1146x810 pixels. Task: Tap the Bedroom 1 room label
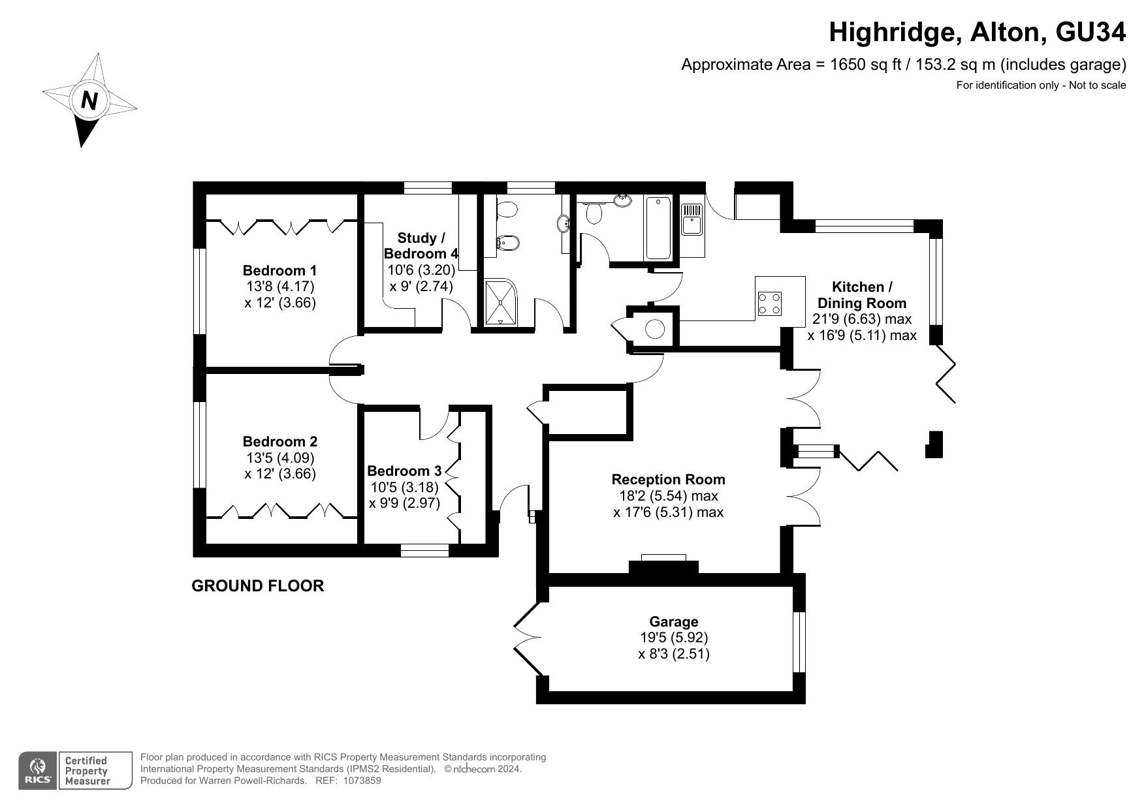[279, 270]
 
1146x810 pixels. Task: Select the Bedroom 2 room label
[279, 441]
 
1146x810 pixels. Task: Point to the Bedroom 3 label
[404, 471]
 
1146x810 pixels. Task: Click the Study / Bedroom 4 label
[421, 246]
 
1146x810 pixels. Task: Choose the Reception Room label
[668, 479]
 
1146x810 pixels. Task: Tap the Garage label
[673, 621]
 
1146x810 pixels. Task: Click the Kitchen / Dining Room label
[862, 295]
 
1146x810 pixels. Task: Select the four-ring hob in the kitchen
[770, 304]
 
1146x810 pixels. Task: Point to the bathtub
[658, 228]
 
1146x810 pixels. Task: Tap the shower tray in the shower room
[500, 302]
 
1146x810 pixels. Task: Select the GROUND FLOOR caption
[257, 585]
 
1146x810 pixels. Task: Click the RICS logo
[38, 771]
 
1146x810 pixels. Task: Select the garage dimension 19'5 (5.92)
[673, 637]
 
